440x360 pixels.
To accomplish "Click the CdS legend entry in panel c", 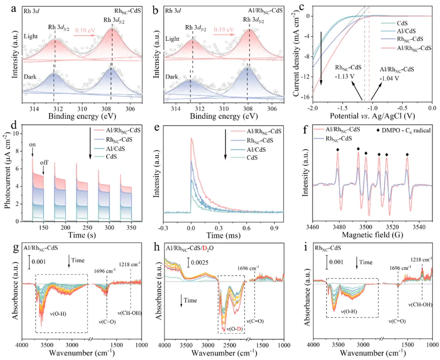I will point(390,23).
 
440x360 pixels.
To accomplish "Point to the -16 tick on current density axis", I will point(306,97).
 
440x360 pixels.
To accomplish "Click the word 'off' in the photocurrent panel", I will point(44,162).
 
